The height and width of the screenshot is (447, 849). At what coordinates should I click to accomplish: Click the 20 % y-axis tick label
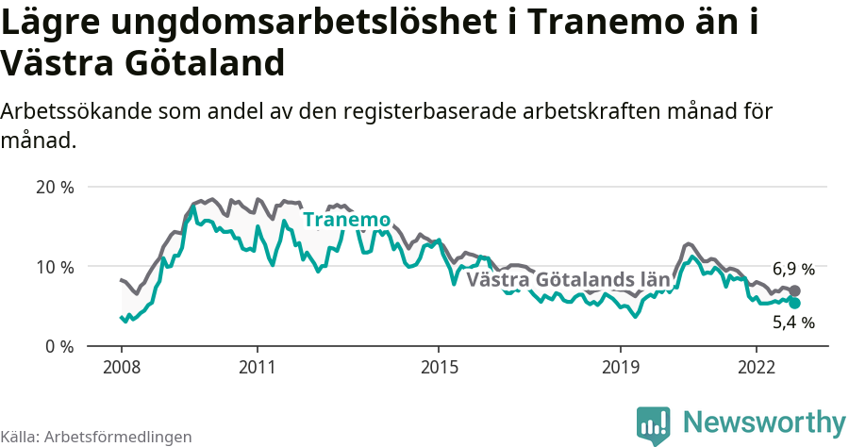[x=55, y=187]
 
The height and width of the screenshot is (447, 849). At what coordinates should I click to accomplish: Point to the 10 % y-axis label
[x=55, y=267]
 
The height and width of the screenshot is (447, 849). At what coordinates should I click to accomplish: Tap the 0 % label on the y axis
[x=59, y=346]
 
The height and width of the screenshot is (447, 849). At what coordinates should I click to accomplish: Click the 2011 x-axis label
[x=258, y=366]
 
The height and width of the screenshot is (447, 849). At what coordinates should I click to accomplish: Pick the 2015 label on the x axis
[x=439, y=366]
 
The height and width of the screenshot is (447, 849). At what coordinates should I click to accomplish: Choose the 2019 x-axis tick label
[x=620, y=366]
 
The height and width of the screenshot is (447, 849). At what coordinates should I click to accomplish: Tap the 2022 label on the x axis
[x=757, y=366]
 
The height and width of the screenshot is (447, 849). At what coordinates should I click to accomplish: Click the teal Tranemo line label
[x=346, y=220]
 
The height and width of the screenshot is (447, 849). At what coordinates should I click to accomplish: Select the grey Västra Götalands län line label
[x=568, y=280]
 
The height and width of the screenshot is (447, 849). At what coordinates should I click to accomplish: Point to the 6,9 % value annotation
[x=793, y=269]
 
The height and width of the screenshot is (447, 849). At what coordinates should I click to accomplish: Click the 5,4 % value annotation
[x=793, y=323]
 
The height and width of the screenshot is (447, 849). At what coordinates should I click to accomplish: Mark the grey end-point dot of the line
[x=794, y=290]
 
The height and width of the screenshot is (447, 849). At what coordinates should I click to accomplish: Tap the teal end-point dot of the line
[x=794, y=303]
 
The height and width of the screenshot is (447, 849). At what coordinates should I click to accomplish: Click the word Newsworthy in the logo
[x=764, y=422]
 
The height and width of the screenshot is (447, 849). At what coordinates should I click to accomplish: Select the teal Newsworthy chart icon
[x=654, y=425]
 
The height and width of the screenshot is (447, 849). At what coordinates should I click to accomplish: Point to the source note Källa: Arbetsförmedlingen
[x=96, y=437]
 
